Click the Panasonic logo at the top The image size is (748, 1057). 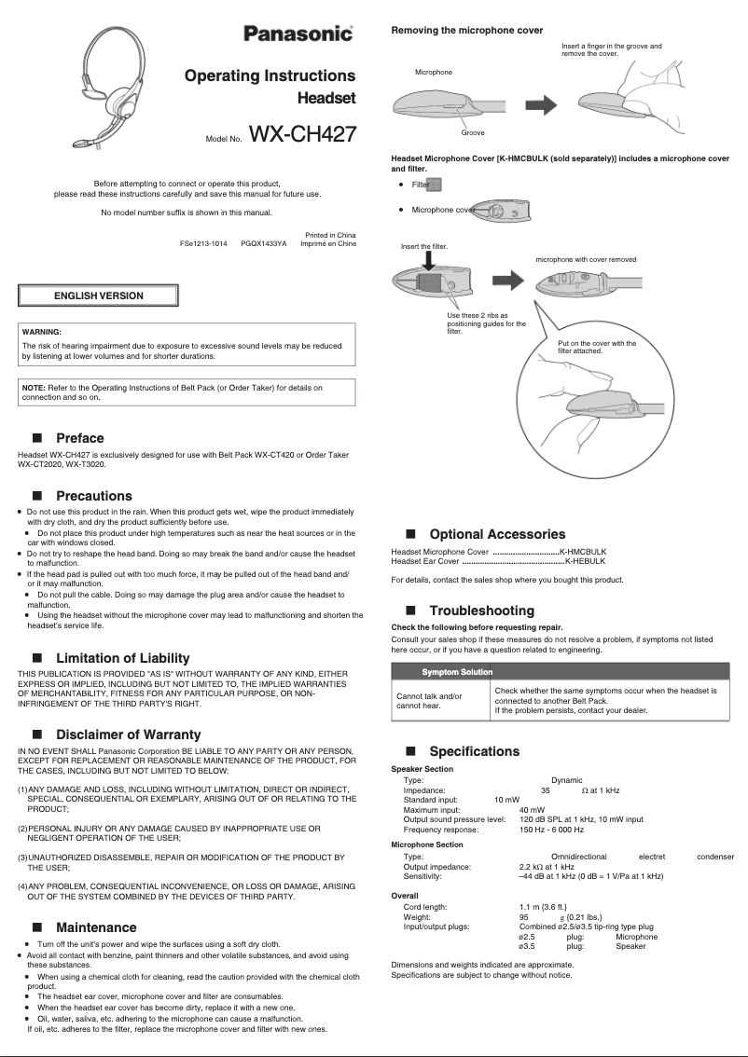click(298, 34)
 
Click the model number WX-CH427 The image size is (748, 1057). click(302, 135)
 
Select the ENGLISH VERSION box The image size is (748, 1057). click(99, 295)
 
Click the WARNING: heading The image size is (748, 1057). click(42, 332)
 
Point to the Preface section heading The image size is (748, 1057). click(80, 438)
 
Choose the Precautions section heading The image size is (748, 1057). click(94, 496)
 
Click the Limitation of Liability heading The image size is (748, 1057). click(122, 658)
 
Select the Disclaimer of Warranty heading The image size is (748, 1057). click(128, 734)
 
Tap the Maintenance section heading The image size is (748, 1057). click(96, 927)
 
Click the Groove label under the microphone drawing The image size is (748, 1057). click(473, 133)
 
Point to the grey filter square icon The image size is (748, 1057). click(436, 185)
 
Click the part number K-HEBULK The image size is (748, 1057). click(586, 561)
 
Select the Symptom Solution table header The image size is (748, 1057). click(457, 672)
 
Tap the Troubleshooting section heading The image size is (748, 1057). click(481, 611)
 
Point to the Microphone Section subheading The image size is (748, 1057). click(427, 844)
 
